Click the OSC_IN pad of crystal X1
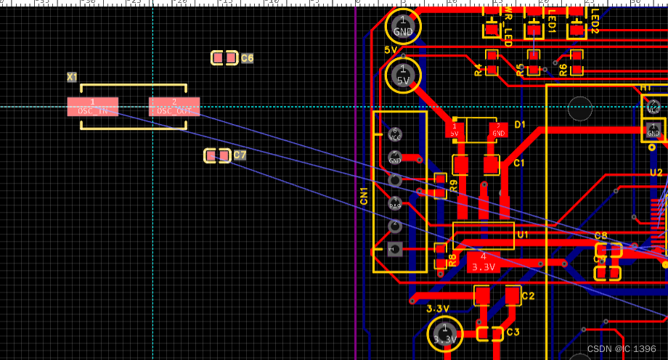pos(93,107)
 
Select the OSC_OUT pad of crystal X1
pos(174,107)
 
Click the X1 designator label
pos(72,77)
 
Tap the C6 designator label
pos(248,58)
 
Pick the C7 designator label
pos(240,155)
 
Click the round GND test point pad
pos(403,27)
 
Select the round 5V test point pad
pos(403,75)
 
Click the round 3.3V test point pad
pos(445,334)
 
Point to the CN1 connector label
pos(364,195)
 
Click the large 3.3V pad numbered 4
pos(483,261)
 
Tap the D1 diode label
pos(520,125)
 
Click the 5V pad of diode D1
pos(455,131)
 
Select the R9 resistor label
pos(453,185)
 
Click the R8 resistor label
pos(452,260)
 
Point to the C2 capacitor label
pos(528,296)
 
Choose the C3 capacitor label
pos(513,332)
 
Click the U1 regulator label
pos(523,234)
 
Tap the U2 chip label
pos(656,173)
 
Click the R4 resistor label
pos(478,70)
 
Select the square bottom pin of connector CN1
pos(395,249)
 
